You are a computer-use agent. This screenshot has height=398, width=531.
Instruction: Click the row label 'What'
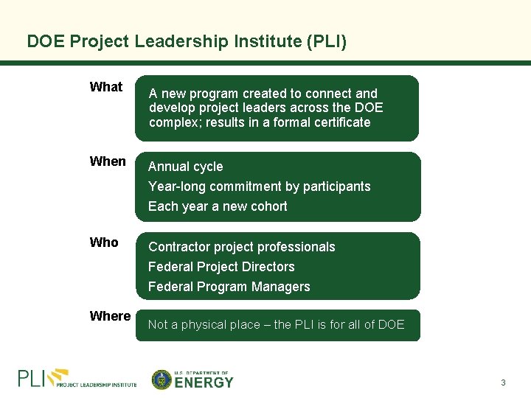point(105,87)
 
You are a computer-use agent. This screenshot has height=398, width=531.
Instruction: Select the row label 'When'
point(108,161)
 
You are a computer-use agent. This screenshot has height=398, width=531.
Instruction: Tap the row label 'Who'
point(104,242)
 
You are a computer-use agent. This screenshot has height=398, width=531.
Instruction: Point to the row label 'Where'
point(110,316)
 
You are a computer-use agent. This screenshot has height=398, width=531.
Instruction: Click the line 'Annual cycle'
point(185,167)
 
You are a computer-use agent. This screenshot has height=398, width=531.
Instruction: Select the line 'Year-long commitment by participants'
point(259,186)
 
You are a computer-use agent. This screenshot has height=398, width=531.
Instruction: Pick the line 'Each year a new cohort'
point(218,206)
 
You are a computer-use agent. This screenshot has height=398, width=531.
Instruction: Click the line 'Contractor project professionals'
point(241,247)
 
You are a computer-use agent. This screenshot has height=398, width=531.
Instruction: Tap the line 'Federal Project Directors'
point(221,267)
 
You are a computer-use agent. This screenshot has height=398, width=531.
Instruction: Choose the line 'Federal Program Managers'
point(229,287)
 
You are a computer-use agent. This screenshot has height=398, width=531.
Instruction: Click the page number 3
point(503,383)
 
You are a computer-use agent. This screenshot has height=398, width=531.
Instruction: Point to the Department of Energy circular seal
point(162,380)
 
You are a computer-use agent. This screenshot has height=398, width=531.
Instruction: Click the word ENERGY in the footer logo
point(204,383)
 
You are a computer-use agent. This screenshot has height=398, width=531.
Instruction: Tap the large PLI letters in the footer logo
point(32,379)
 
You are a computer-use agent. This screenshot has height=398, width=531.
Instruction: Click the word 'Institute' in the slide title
point(265,41)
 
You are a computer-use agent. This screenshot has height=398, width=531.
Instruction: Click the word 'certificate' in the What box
point(336,122)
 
